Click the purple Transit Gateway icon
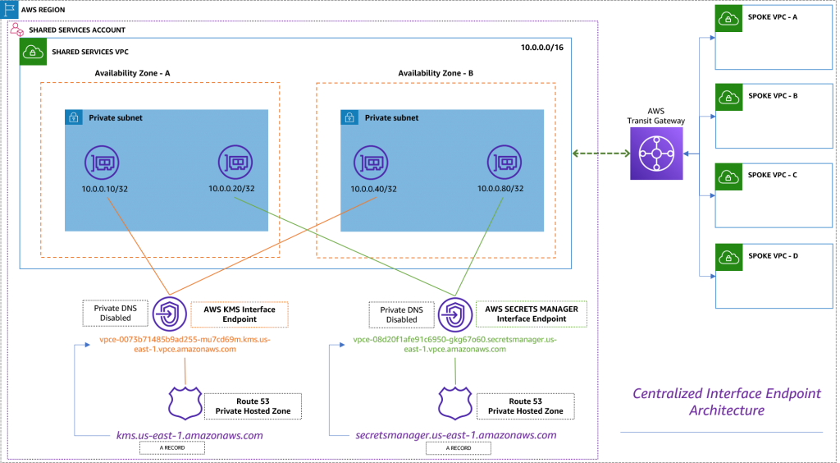[656, 154]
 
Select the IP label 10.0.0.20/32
[231, 189]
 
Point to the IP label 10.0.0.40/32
[373, 190]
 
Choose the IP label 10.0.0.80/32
[500, 189]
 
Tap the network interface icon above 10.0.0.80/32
[503, 163]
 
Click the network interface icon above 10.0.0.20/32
[234, 163]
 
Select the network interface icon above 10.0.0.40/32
[368, 163]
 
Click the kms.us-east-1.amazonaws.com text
[190, 435]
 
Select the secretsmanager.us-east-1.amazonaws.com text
[456, 435]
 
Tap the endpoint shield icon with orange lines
[170, 314]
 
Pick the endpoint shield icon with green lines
[454, 314]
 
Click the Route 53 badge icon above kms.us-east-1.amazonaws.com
[185, 403]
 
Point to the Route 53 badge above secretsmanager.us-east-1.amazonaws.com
[454, 403]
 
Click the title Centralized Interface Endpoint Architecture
[726, 401]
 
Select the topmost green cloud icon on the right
[728, 19]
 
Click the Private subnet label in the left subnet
[116, 118]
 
